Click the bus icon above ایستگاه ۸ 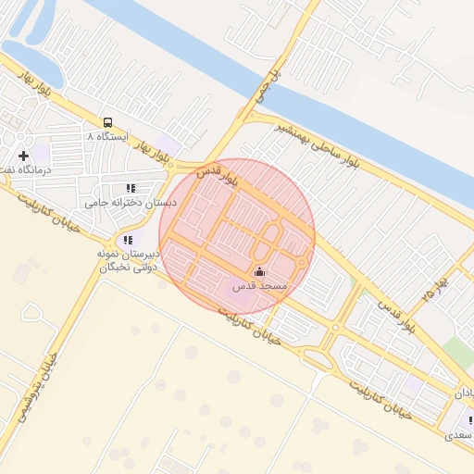[108, 122]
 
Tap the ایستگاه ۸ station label [104, 136]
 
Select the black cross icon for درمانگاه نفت [23, 156]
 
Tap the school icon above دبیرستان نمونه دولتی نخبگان [128, 241]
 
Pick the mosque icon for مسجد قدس [258, 272]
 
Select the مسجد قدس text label [262, 287]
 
